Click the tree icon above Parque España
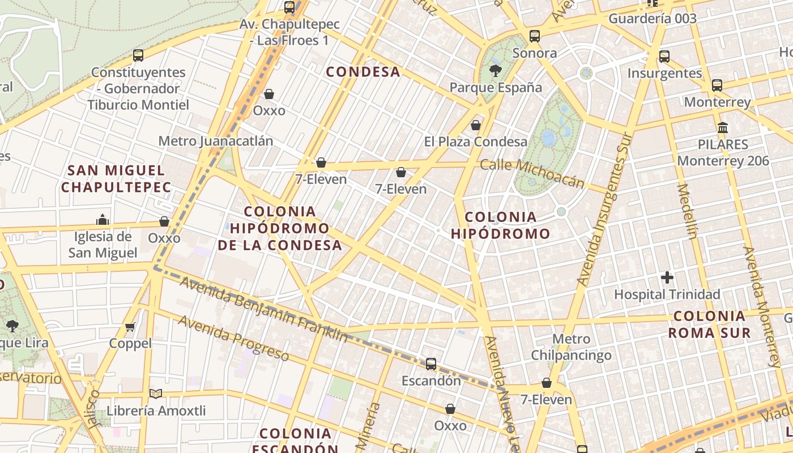point(495,71)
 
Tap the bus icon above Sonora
point(534,37)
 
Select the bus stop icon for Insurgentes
point(664,57)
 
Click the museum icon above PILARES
point(723,127)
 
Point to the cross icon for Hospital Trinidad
point(667,277)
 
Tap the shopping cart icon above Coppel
point(130,327)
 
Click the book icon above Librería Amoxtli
point(156,394)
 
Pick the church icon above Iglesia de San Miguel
point(103,219)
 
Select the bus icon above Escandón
point(431,364)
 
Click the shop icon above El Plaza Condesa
point(476,125)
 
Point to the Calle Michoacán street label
point(532,173)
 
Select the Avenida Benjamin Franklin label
point(263,309)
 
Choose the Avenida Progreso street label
point(234,338)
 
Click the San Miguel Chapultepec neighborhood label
point(116,178)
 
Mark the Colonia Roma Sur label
point(709,324)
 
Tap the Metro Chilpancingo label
point(571,347)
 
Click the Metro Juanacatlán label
point(216,141)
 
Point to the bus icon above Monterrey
point(717,86)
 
